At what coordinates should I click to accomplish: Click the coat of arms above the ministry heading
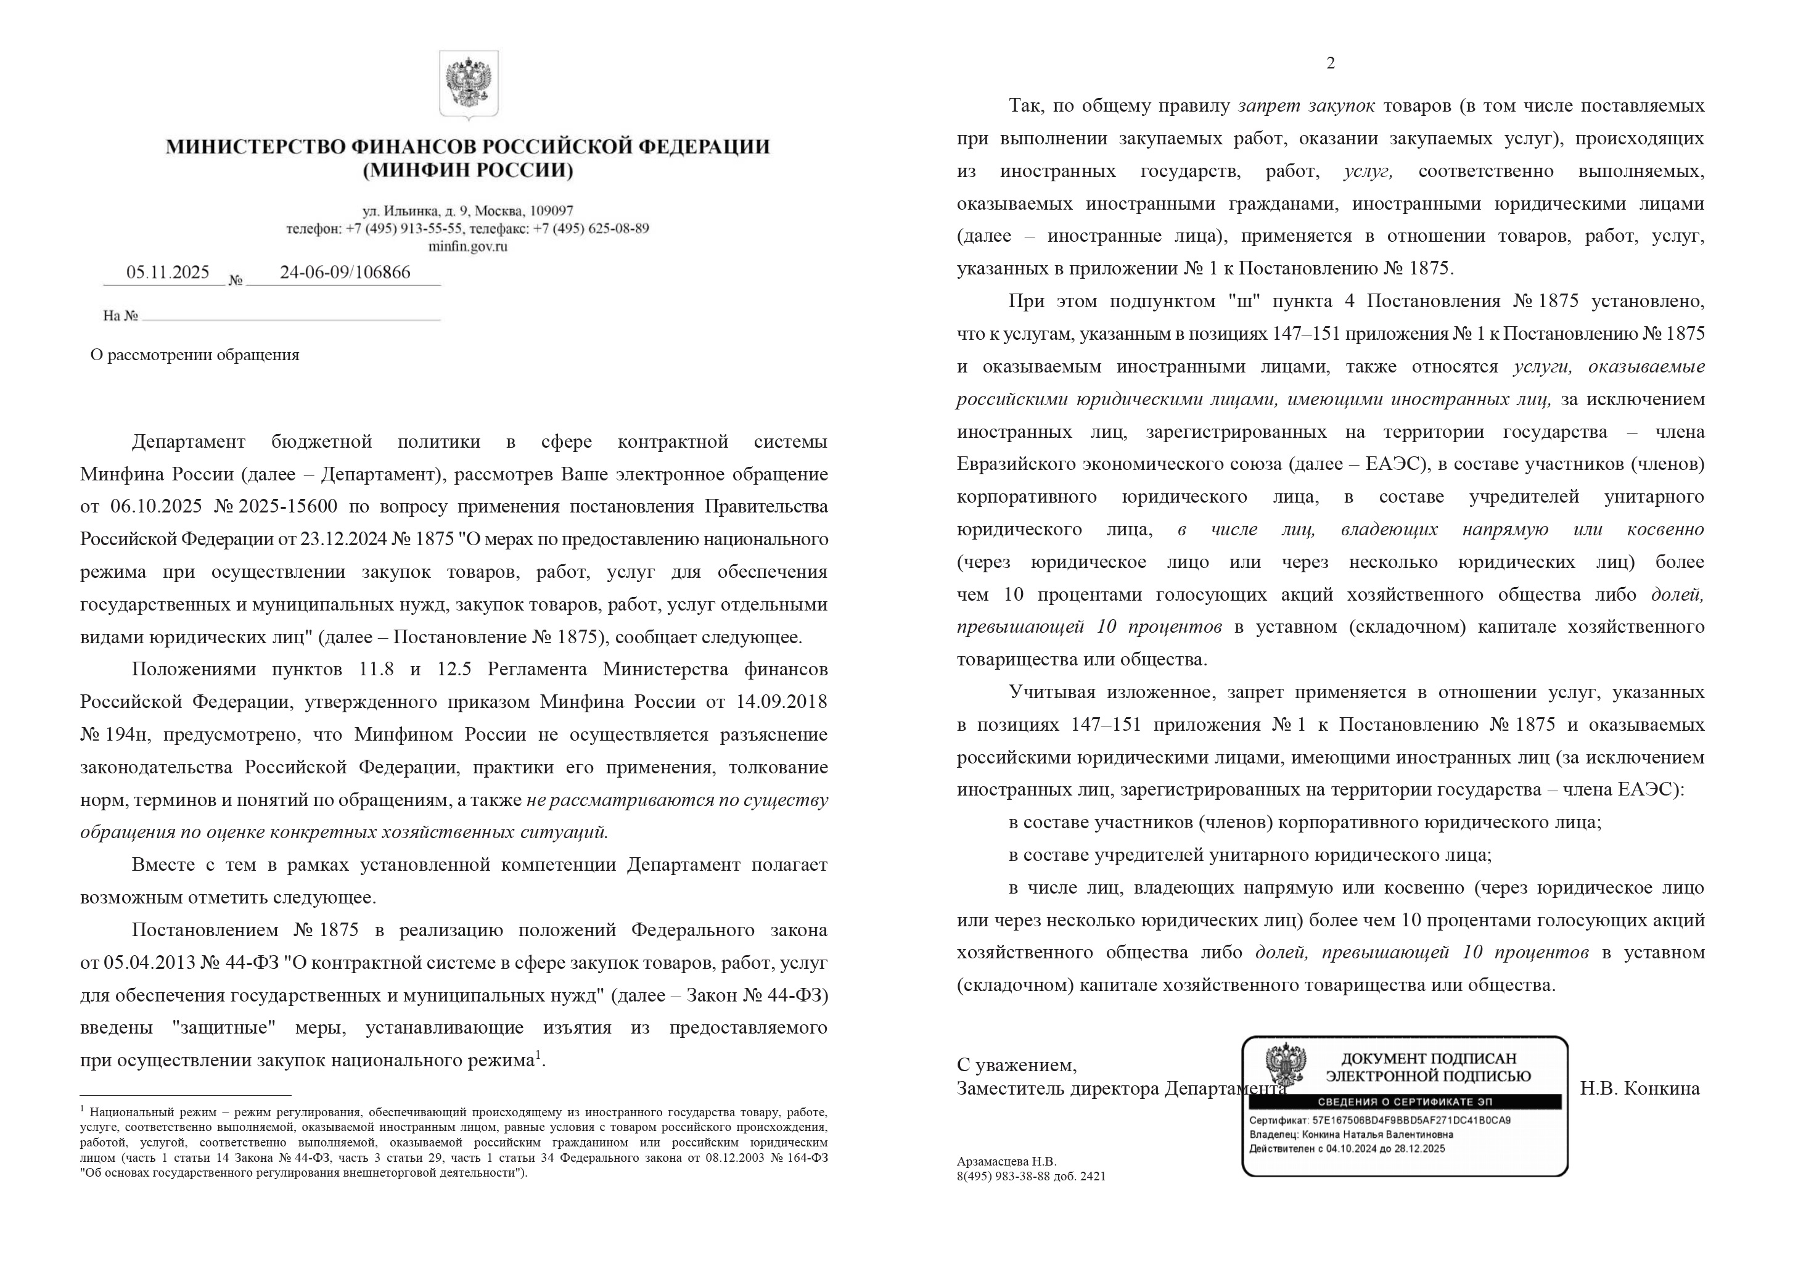point(468,84)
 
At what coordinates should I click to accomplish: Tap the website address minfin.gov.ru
point(467,246)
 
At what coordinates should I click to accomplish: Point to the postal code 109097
point(551,211)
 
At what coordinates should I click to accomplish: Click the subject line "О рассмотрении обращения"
point(194,355)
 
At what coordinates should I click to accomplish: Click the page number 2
point(1330,63)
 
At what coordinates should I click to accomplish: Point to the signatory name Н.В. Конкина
point(1640,1088)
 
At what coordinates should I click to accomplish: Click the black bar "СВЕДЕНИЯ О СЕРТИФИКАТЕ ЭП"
point(1403,1102)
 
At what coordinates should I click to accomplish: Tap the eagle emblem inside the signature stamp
point(1285,1065)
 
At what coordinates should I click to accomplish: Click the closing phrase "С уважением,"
point(1016,1065)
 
